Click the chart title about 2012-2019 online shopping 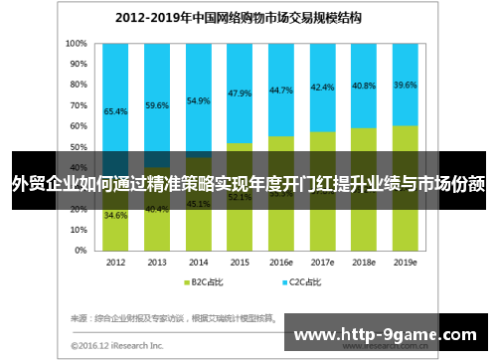pyautogui.click(x=238, y=18)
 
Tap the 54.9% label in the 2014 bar pyautogui.click(x=199, y=101)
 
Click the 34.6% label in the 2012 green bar pyautogui.click(x=115, y=216)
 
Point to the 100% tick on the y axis pyautogui.click(x=76, y=44)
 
